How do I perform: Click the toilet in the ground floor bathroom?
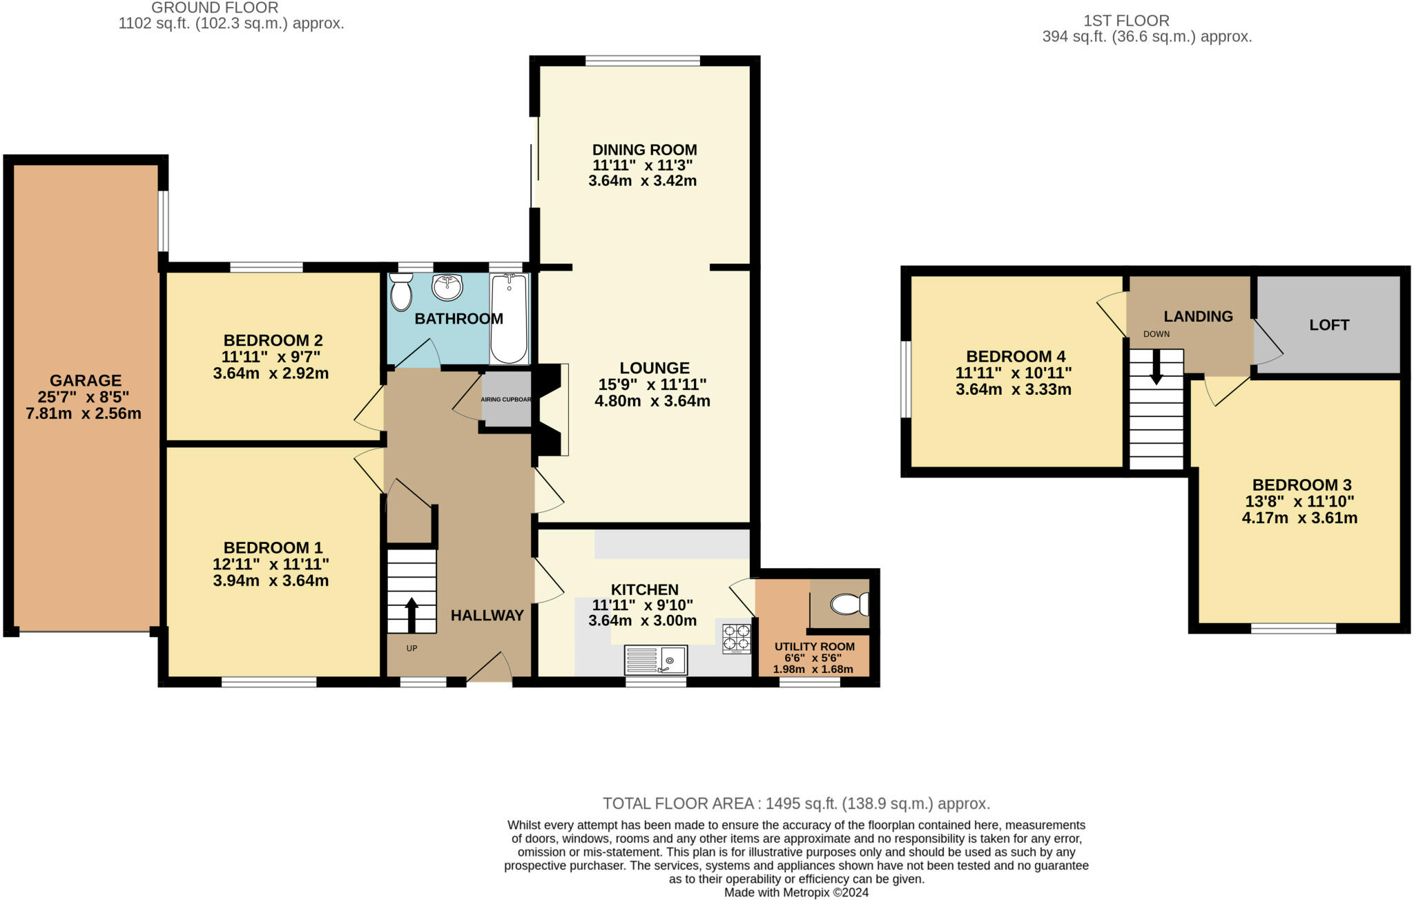pos(400,292)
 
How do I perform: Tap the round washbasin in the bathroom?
pos(447,287)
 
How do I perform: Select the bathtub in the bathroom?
pos(509,318)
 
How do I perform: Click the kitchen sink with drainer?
pos(655,660)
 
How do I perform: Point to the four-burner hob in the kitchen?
pos(737,638)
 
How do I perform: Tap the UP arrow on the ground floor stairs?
pos(411,614)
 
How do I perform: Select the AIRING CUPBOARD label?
pos(506,400)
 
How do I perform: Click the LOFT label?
pos(1328,325)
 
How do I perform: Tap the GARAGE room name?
pos(86,380)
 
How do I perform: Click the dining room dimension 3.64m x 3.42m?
pos(642,182)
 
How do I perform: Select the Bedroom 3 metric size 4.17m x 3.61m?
pos(1299,518)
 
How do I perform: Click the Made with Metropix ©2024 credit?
pos(796,892)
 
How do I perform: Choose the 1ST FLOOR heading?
pos(1125,21)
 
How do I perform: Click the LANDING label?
pos(1198,317)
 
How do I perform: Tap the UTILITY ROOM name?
pos(814,647)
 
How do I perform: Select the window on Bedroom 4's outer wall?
pos(906,379)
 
